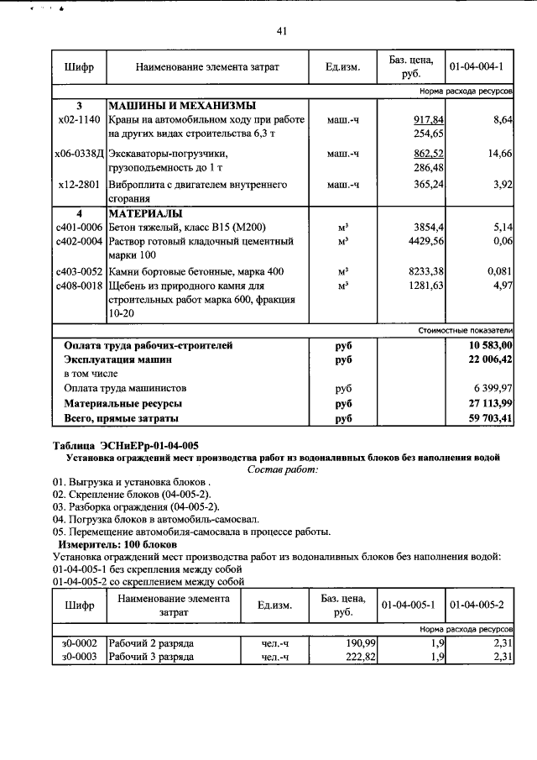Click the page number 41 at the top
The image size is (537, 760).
281,31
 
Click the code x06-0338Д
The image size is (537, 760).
79,155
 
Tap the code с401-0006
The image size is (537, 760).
79,228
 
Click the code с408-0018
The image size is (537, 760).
79,286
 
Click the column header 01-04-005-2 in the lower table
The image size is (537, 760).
477,605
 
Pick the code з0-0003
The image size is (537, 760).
79,657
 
